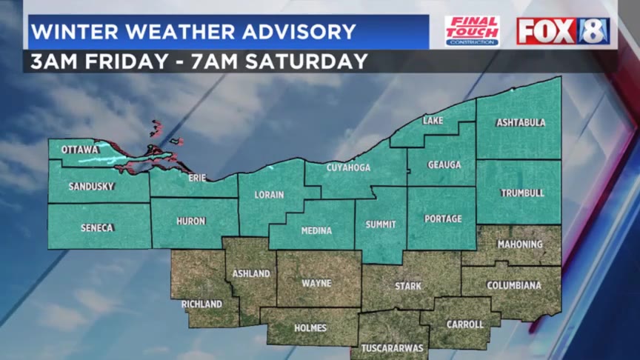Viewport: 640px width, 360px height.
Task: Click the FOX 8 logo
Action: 563,31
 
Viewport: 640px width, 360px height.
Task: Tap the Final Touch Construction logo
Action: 472,31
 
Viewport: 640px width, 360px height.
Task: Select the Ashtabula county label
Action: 521,122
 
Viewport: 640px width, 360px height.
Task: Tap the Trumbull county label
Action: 522,193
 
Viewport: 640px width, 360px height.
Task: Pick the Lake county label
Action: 433,121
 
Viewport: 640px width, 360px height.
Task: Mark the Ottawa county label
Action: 80,150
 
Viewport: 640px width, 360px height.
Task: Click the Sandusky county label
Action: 91,187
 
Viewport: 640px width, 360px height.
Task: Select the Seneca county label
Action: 97,227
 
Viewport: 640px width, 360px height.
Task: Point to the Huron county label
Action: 190,221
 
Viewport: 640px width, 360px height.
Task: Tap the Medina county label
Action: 316,231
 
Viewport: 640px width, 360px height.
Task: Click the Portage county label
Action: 443,219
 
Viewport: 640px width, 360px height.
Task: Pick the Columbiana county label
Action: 514,285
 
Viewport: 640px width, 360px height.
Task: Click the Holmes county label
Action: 310,327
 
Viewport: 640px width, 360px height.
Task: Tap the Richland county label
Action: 201,304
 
